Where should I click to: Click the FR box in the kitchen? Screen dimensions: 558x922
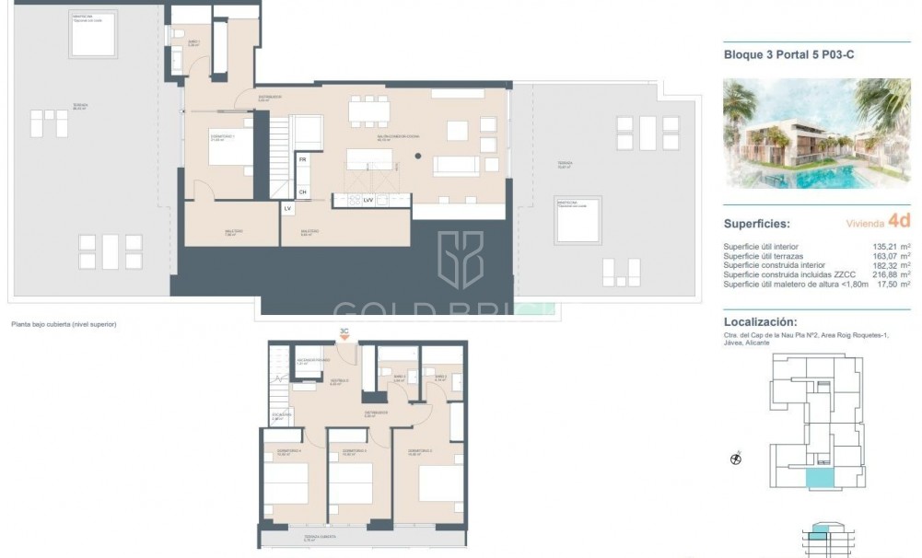coord(302,158)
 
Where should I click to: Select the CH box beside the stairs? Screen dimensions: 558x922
coord(302,192)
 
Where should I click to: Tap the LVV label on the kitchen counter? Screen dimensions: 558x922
coord(368,199)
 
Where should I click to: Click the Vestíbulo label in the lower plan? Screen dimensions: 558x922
coord(338,381)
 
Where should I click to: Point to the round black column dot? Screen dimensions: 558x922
coord(417,156)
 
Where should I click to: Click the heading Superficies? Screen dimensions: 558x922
coord(756,223)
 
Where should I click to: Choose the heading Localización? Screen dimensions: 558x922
coord(760,322)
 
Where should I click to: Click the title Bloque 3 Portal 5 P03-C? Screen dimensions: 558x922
coord(789,55)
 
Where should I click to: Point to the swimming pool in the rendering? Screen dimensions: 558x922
coord(829,174)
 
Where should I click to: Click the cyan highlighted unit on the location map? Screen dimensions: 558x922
coord(817,478)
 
